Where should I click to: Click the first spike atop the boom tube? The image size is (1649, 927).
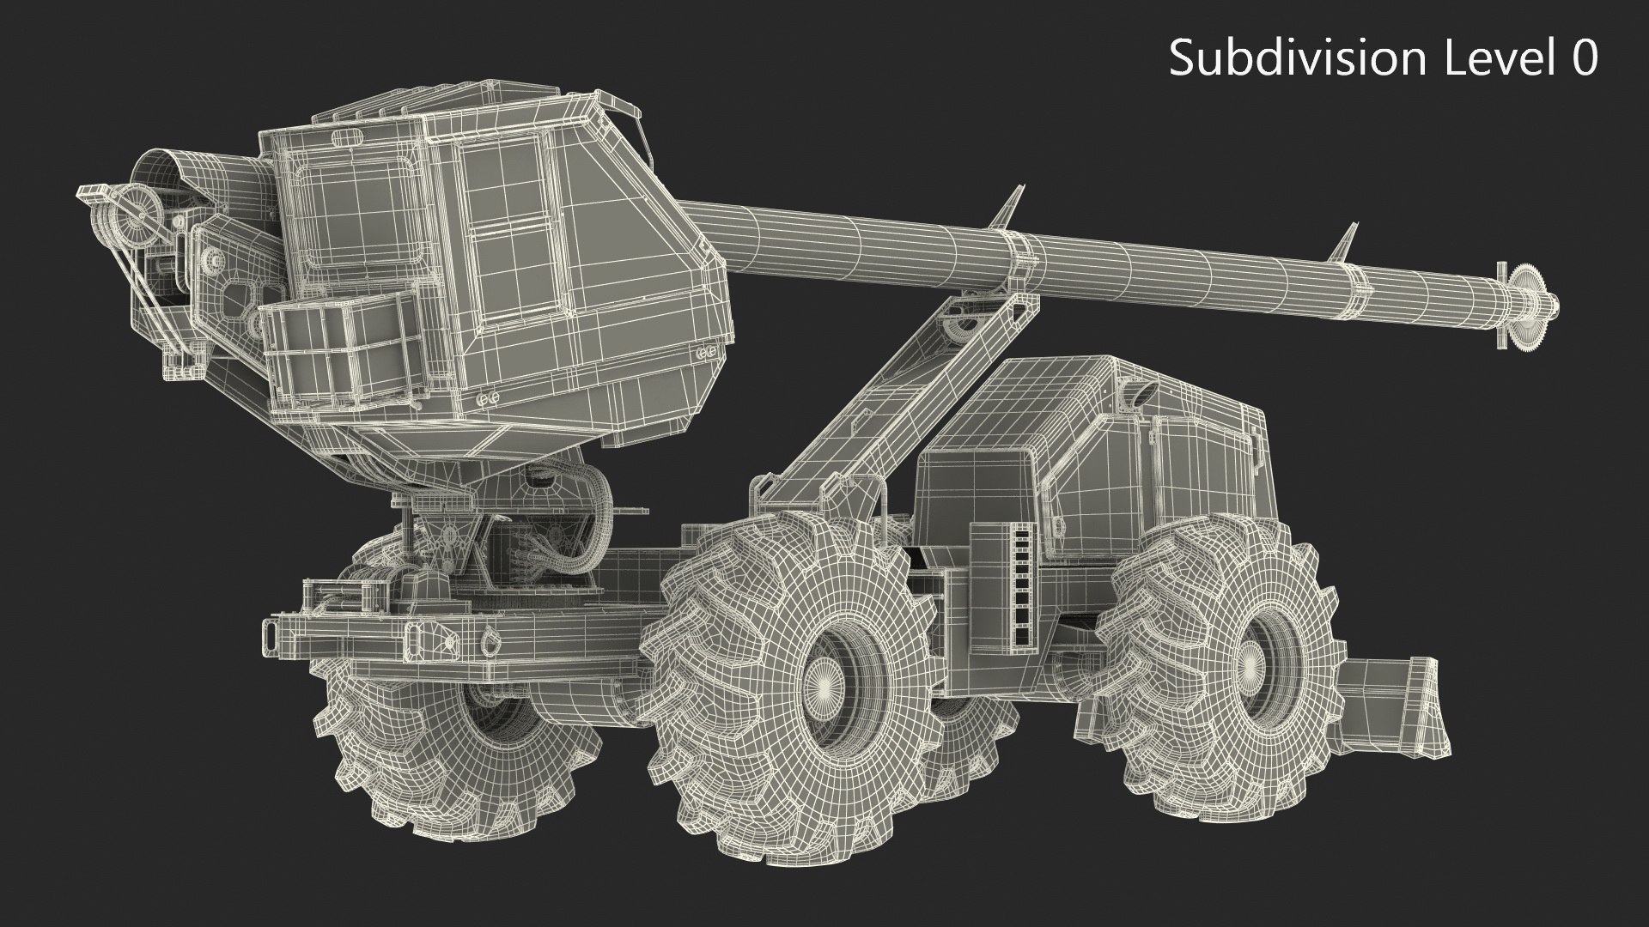coord(1013,206)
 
